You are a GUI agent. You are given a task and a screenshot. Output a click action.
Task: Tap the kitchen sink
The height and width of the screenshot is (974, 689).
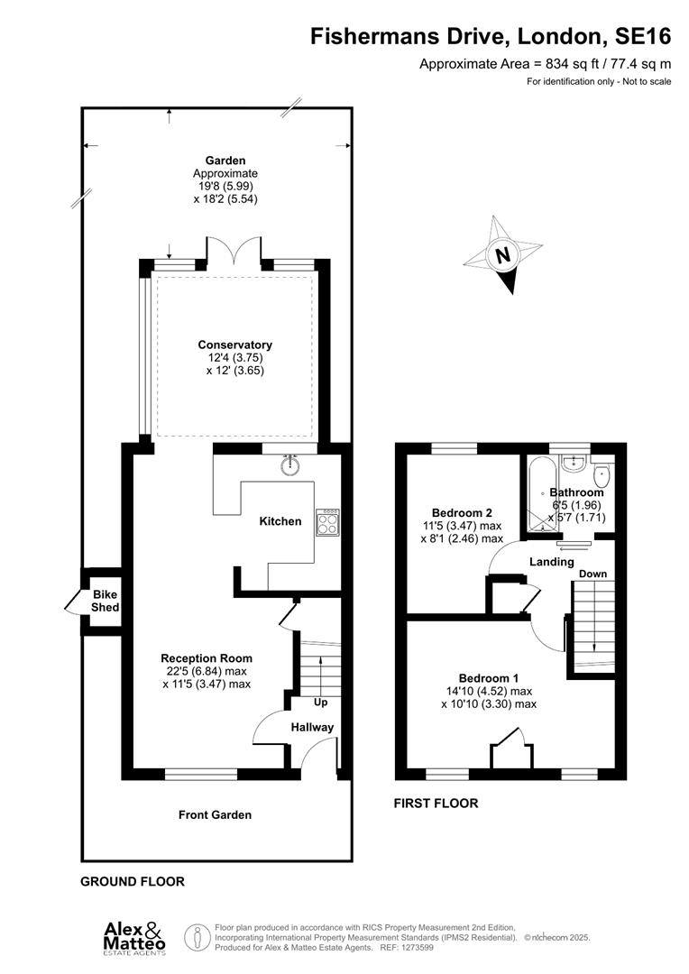[x=290, y=465]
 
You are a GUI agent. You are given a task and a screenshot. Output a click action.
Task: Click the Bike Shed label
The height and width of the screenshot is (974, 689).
[x=105, y=601]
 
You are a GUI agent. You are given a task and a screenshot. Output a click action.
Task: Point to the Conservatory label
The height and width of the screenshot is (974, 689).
[x=234, y=345]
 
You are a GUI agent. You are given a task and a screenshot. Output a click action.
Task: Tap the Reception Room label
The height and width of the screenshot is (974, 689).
[x=207, y=658]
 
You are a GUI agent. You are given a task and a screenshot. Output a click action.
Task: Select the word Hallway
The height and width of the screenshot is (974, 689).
[x=312, y=727]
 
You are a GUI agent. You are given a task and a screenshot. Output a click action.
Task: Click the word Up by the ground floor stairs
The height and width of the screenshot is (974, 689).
[x=319, y=703]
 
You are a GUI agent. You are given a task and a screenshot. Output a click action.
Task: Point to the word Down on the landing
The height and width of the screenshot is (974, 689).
[x=593, y=574]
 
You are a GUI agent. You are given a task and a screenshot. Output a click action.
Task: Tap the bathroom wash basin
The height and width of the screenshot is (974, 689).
[x=574, y=464]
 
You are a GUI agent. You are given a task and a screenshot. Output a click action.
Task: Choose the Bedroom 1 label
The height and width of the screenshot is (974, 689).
[x=488, y=678]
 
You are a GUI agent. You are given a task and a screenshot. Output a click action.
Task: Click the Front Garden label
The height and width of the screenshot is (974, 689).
[x=215, y=814]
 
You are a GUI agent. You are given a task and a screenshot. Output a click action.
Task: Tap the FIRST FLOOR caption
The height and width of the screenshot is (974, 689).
[x=436, y=803]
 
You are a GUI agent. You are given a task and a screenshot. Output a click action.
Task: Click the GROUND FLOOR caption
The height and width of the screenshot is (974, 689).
[x=133, y=881]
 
